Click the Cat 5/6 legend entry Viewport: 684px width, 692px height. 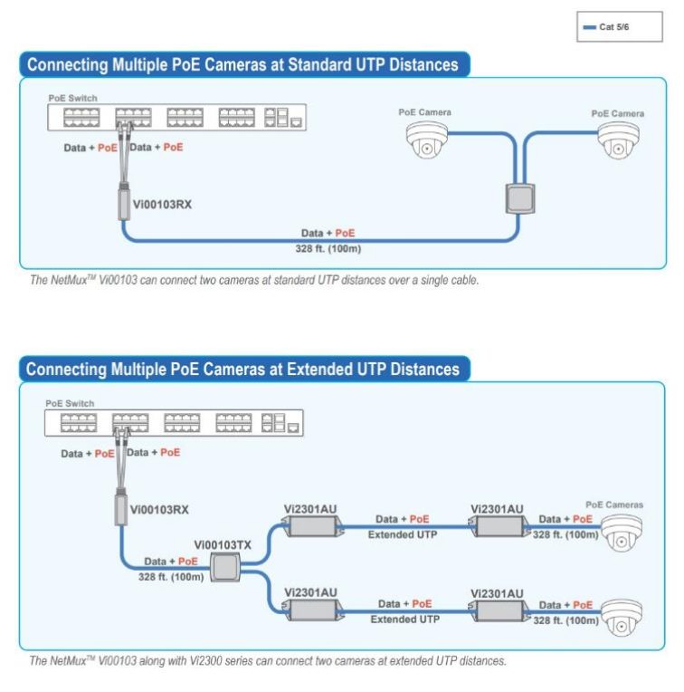(613, 27)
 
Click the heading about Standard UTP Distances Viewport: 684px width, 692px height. (242, 65)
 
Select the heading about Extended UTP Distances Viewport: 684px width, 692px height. (242, 369)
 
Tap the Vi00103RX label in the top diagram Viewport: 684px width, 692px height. (162, 204)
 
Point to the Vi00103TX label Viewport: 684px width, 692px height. (223, 545)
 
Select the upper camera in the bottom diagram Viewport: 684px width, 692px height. (622, 533)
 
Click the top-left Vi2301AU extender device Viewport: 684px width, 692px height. (310, 526)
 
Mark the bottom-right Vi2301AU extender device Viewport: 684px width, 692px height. (497, 610)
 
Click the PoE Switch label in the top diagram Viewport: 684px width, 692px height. (72, 98)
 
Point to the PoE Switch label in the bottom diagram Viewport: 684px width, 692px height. (70, 404)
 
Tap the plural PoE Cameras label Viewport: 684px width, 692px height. (614, 505)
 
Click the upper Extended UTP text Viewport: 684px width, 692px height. (403, 535)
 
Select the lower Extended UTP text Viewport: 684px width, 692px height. (404, 620)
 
